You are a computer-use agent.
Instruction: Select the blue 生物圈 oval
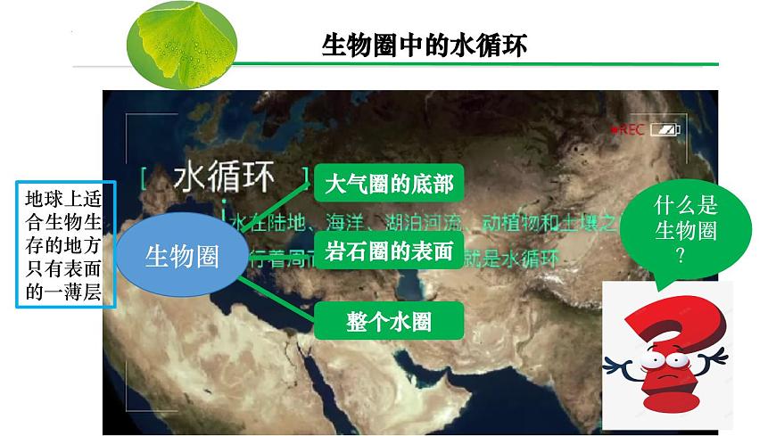click(x=182, y=257)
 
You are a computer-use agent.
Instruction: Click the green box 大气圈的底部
click(x=389, y=185)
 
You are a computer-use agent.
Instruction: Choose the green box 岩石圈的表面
click(x=389, y=251)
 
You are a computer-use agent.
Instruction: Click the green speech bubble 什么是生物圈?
click(x=685, y=231)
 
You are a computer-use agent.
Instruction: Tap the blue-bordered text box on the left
click(x=66, y=243)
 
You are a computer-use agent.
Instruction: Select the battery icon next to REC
click(x=664, y=130)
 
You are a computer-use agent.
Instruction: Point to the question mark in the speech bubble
click(x=684, y=255)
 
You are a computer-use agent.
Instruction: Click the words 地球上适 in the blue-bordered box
click(x=66, y=198)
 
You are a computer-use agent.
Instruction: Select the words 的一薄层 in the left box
click(x=66, y=291)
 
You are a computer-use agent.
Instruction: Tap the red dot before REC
click(x=615, y=130)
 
